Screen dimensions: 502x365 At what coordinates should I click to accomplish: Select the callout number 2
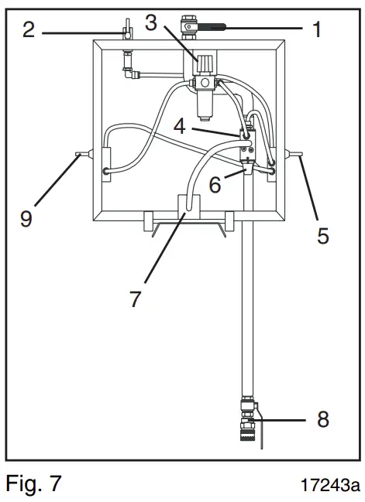point(28,31)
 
